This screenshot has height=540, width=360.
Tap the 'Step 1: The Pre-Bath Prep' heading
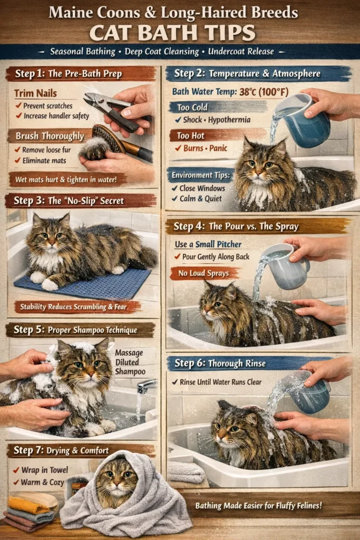[80, 73]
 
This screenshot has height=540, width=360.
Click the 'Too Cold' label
[192, 108]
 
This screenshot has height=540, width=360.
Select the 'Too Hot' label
[191, 136]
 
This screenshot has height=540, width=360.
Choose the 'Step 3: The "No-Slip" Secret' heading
[80, 200]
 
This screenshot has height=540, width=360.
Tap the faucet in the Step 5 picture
[146, 387]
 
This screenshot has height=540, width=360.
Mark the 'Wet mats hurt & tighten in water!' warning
[66, 179]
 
